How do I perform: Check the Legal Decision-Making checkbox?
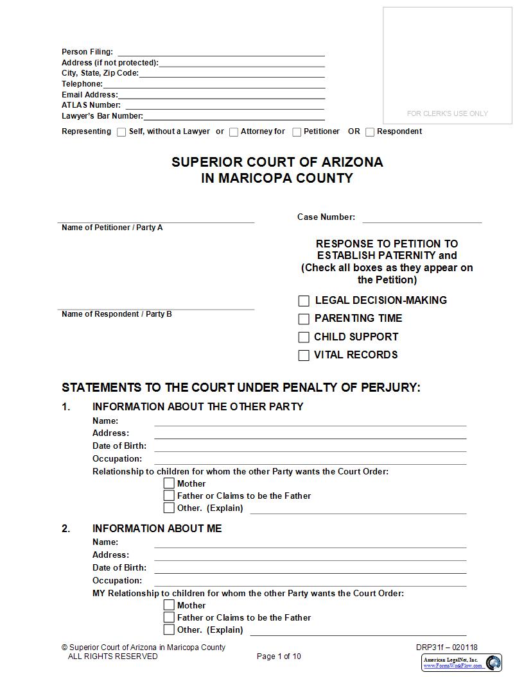pos(304,301)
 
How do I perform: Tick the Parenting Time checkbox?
pos(304,319)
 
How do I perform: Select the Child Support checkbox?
pos(304,337)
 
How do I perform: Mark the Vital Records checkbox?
pos(304,355)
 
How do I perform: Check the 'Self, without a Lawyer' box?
pos(121,132)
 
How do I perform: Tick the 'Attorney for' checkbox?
pos(234,132)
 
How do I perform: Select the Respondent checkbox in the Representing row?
pos(370,132)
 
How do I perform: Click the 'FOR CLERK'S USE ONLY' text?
pos(447,113)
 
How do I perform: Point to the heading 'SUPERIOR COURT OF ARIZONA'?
pos(277,162)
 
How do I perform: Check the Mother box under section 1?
pos(169,483)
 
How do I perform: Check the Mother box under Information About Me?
pos(169,605)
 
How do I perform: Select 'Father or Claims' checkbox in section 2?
pos(169,617)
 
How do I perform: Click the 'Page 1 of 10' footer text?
pos(279,656)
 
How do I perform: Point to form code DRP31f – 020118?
pos(446,648)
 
